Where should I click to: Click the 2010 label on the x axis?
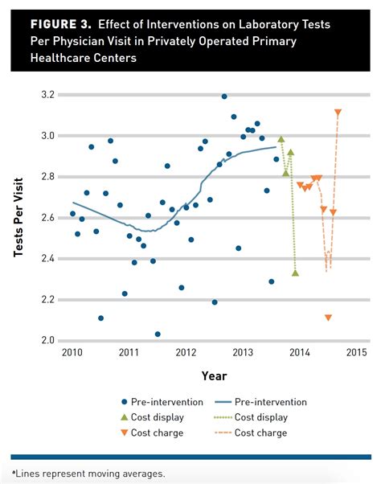pos(72,353)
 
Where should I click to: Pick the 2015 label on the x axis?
pos(357,353)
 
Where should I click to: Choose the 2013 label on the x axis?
pos(243,353)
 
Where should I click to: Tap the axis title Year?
pos(214,375)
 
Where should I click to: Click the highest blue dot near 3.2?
pos(224,96)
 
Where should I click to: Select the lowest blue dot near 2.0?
pos(158,334)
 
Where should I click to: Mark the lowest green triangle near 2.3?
pos(296,273)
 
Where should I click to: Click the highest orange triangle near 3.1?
pos(338,113)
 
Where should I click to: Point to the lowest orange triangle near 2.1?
pos(328,318)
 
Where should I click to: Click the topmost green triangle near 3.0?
pos(281,140)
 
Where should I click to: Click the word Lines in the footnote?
pos(28,473)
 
